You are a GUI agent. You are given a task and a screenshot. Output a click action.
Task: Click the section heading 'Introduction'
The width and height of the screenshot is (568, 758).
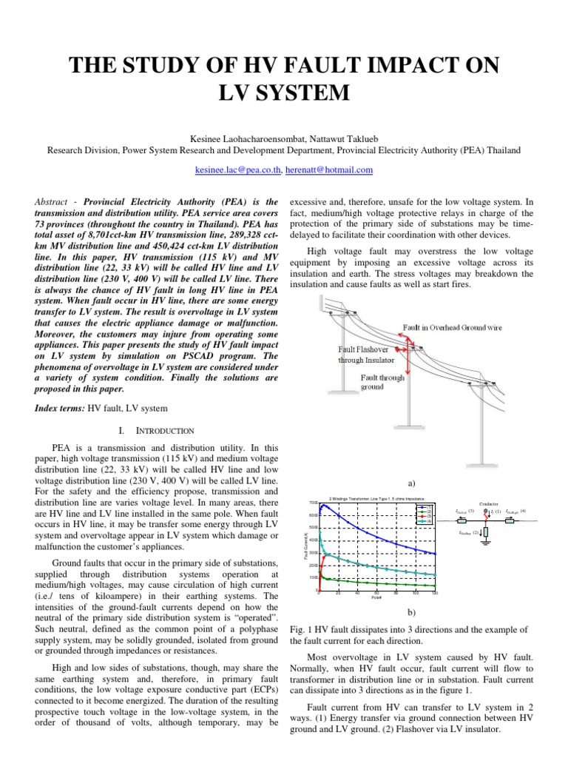pos(162,430)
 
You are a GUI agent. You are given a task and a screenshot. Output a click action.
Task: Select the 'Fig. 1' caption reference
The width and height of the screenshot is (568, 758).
pos(299,630)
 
